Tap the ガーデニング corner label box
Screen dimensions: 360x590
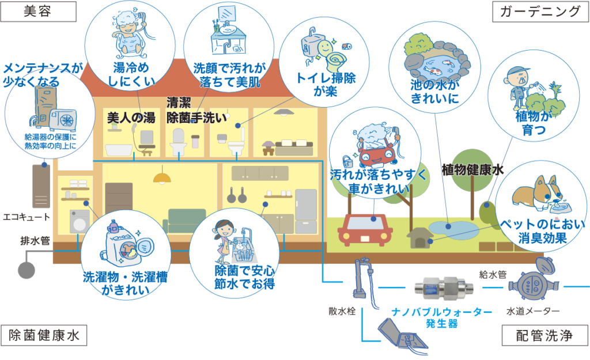539,12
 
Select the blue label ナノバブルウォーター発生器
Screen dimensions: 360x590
442,316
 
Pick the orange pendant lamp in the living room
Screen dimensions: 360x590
162,176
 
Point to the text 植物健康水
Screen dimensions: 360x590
472,170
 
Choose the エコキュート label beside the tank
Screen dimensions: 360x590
27,217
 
